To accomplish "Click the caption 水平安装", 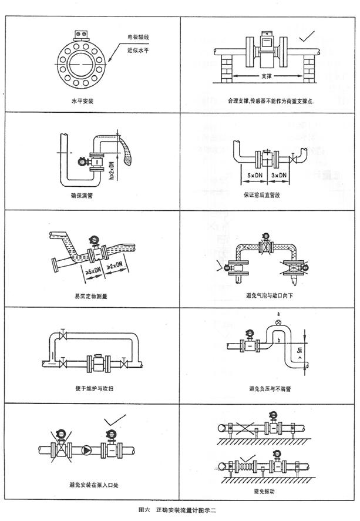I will coord(82,101).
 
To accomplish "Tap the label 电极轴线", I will coord(139,38).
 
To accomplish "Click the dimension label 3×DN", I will coord(278,176).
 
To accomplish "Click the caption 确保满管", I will coord(82,196).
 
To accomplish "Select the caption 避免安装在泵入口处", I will coord(92,485).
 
